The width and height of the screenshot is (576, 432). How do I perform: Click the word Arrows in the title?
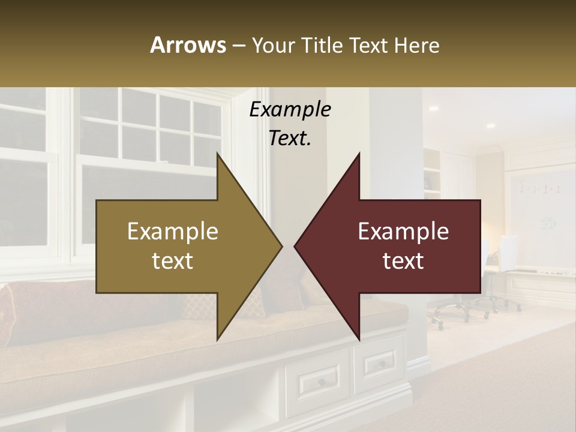click(x=188, y=45)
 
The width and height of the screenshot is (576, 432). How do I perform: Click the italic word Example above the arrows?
click(x=290, y=110)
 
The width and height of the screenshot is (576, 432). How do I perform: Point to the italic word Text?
click(x=290, y=138)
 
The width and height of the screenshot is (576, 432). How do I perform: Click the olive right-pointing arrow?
click(x=180, y=246)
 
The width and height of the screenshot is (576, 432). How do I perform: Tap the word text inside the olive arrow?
click(x=172, y=261)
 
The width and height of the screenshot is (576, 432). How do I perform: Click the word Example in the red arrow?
click(x=403, y=232)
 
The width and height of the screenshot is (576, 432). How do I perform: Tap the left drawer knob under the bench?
click(x=321, y=382)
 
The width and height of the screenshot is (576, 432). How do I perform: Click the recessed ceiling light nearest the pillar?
click(x=433, y=109)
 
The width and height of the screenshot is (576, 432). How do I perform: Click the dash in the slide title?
click(x=238, y=45)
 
